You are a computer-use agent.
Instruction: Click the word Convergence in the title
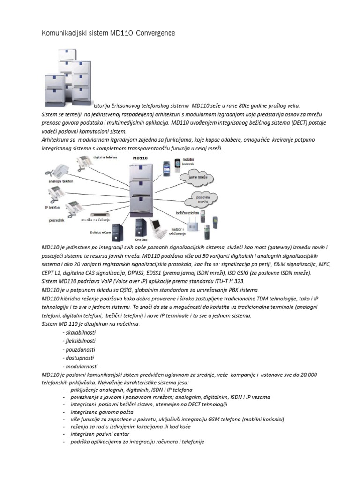pos(155,33)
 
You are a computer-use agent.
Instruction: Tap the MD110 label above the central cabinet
pos(140,158)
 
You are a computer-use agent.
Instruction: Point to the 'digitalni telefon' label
pos(105,157)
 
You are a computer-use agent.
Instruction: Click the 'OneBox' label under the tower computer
pos(141,239)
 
